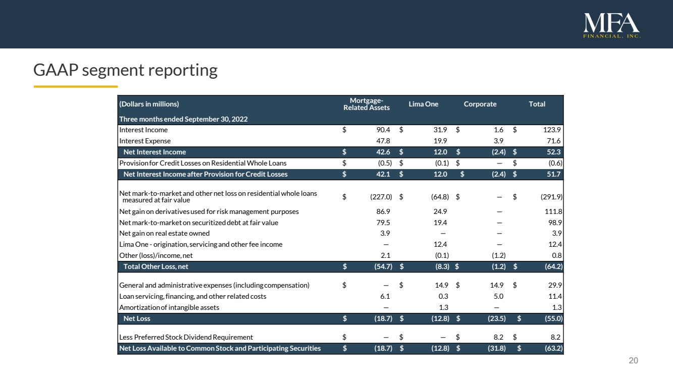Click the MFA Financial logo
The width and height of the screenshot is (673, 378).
click(x=611, y=26)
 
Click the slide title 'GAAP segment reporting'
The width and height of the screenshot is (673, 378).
click(x=125, y=70)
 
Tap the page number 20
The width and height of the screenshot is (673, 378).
click(x=633, y=360)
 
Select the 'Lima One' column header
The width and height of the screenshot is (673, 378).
click(x=423, y=104)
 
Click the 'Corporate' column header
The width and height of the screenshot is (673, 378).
click(x=480, y=104)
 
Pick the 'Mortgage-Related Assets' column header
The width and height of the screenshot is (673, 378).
click(x=367, y=104)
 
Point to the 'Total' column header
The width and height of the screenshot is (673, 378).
click(x=537, y=104)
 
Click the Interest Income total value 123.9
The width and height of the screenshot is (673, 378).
click(x=552, y=130)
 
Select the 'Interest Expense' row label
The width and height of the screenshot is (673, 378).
click(x=145, y=141)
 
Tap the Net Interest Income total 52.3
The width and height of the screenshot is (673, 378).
click(x=554, y=152)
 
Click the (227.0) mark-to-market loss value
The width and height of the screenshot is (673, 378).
click(x=381, y=197)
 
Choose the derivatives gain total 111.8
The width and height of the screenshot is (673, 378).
click(x=553, y=211)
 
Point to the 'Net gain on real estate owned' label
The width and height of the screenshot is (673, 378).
click(x=165, y=233)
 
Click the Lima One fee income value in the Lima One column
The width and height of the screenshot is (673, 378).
click(x=440, y=244)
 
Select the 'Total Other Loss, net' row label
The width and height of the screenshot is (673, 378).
click(x=156, y=266)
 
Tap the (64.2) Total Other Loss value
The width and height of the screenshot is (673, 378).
click(x=553, y=266)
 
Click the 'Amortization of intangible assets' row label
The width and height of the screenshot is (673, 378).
click(x=169, y=307)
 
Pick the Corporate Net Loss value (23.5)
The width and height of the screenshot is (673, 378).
click(x=497, y=318)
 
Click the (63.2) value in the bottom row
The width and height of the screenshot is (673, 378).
click(x=553, y=348)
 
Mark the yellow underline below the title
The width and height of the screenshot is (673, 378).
click(x=76, y=87)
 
